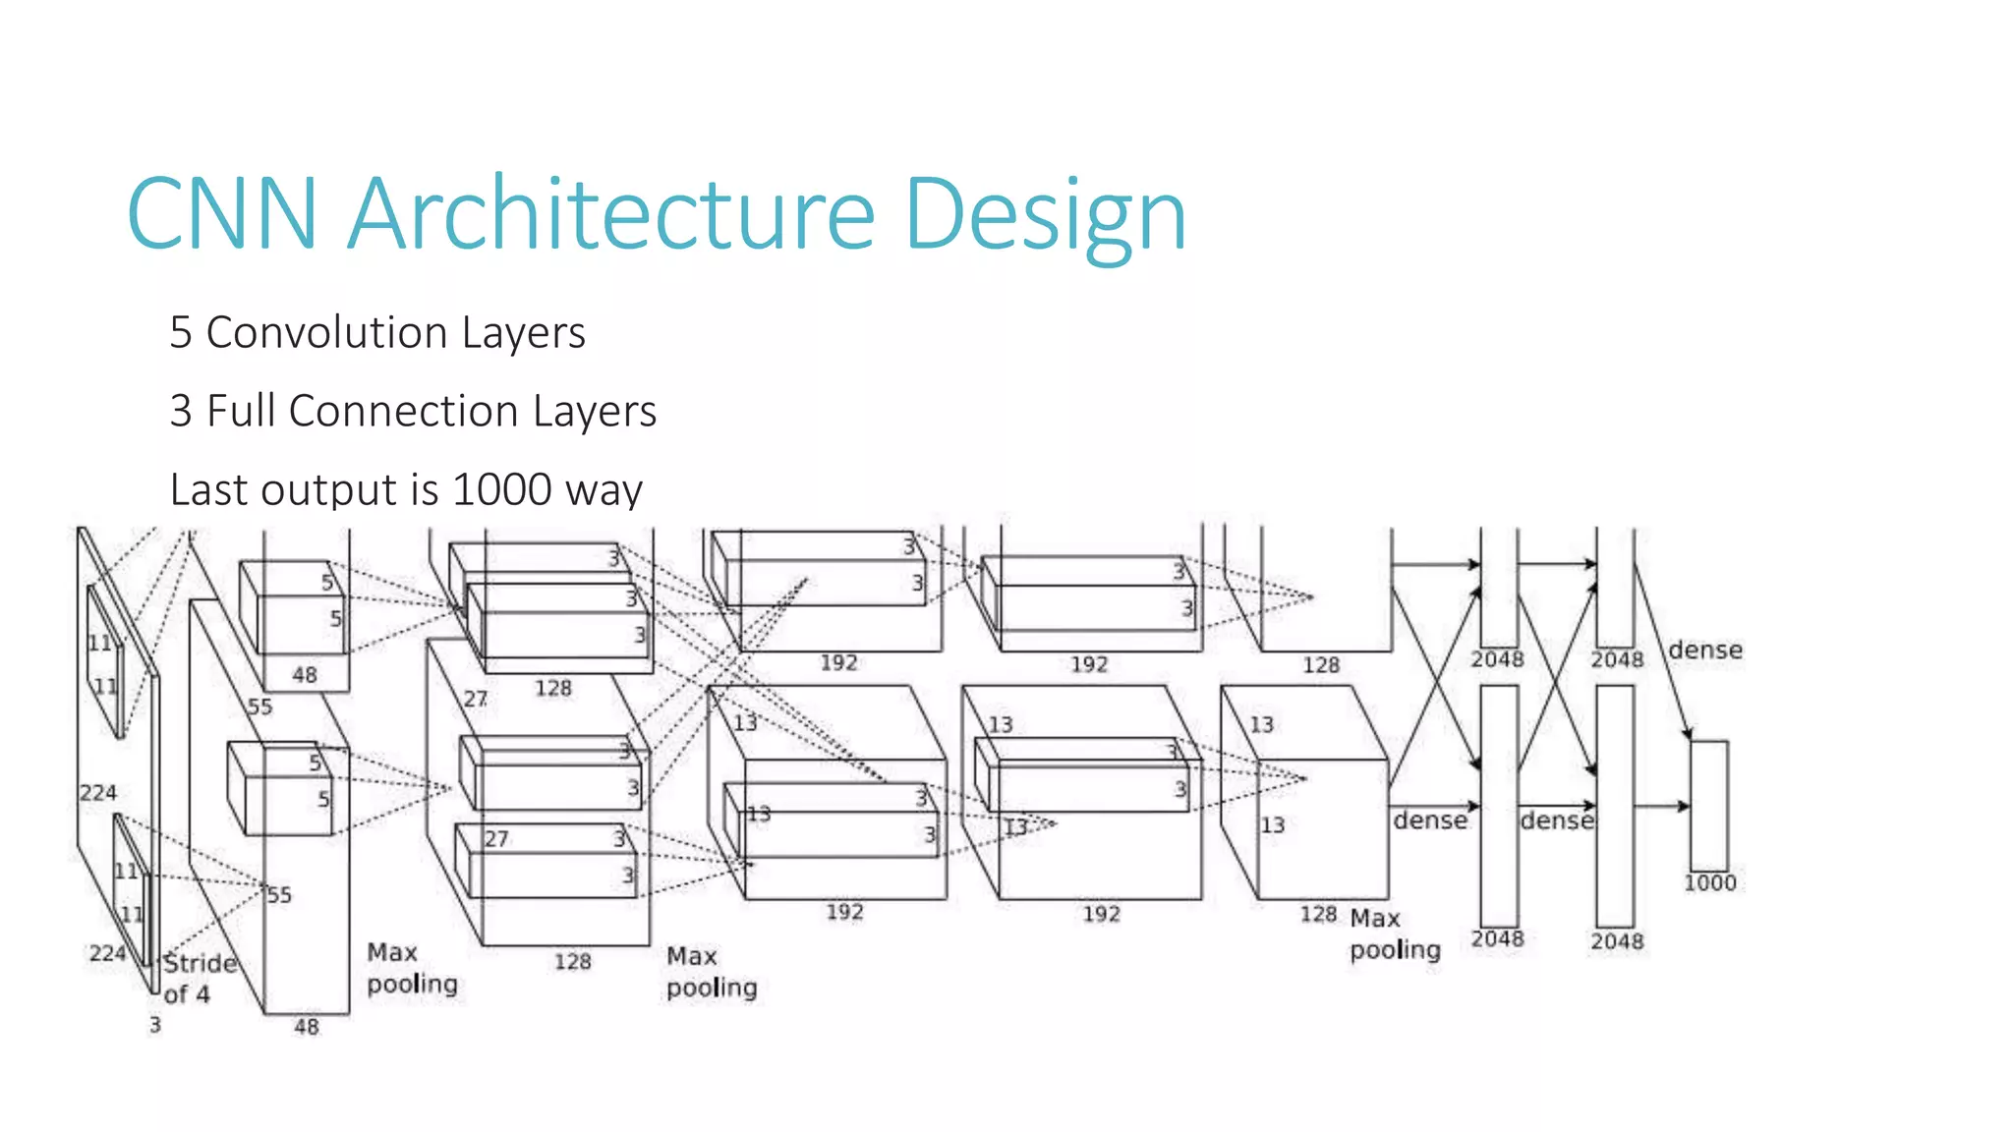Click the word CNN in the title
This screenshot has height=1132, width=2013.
(x=222, y=214)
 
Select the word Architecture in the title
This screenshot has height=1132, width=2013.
(x=611, y=214)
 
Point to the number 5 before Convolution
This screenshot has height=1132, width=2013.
(x=180, y=333)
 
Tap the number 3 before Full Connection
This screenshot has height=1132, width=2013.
(x=180, y=411)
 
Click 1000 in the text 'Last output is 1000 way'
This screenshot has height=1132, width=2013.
(x=501, y=489)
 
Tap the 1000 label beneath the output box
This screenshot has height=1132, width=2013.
(x=1709, y=883)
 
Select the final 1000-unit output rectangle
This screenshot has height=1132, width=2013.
(x=1708, y=806)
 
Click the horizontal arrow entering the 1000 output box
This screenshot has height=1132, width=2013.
(x=1662, y=806)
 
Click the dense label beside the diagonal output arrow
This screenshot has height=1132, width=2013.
(x=1705, y=650)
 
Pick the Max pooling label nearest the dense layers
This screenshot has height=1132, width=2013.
(x=1394, y=934)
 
